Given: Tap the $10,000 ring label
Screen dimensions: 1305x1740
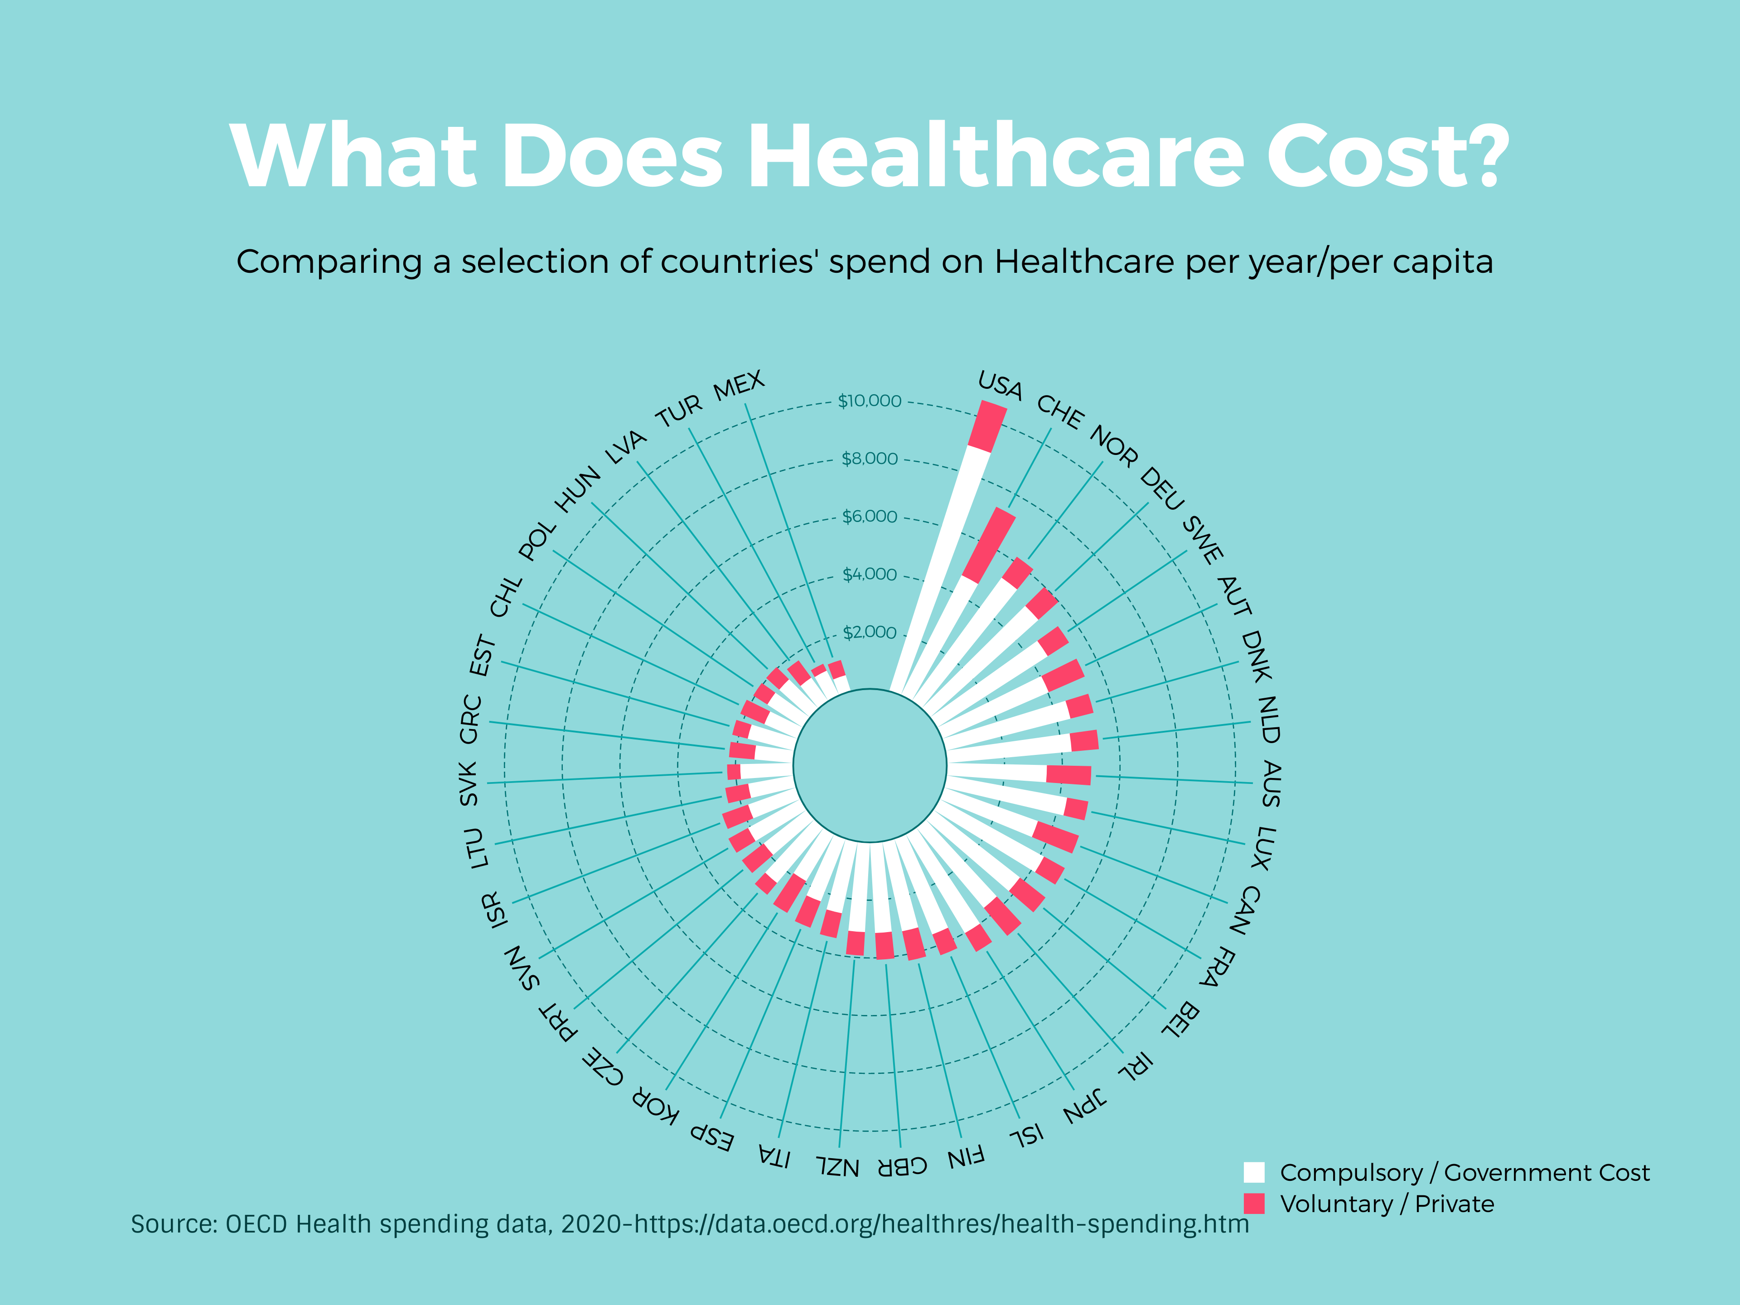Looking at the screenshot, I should point(869,401).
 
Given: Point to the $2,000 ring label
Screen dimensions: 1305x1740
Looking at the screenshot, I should point(869,633).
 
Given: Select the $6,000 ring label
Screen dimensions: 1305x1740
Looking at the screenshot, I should point(869,517).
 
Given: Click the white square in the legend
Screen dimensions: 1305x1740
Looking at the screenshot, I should point(1254,1172).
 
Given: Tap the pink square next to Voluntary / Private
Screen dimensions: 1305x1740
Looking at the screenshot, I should point(1254,1203).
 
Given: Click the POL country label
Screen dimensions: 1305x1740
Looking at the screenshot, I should point(538,541).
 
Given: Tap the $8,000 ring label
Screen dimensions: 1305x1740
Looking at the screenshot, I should point(869,459).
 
